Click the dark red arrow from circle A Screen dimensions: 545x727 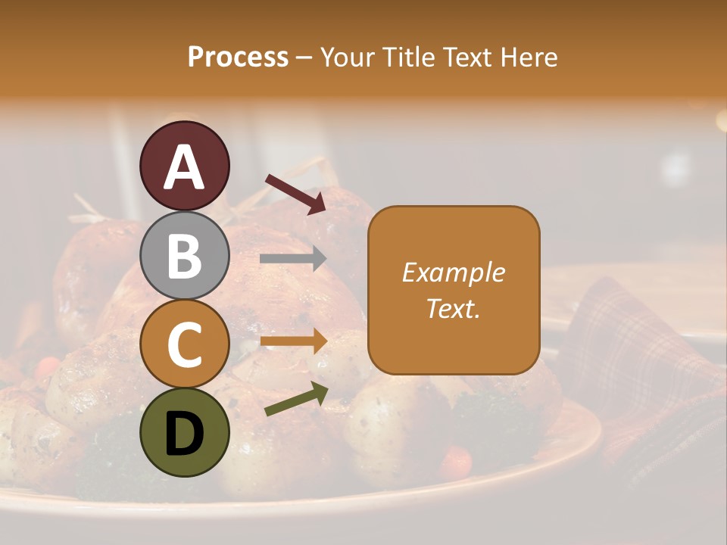click(295, 192)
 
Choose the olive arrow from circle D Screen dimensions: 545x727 click(296, 399)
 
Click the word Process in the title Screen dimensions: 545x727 click(238, 57)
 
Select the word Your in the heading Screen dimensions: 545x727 click(347, 57)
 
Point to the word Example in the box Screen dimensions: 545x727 click(453, 272)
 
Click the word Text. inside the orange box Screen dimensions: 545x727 click(453, 308)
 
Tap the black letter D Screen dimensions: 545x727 click(184, 434)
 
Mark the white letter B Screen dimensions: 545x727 click(184, 256)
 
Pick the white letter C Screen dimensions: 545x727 click(184, 345)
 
